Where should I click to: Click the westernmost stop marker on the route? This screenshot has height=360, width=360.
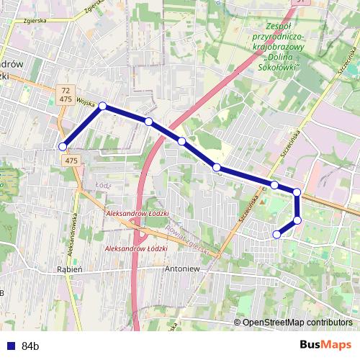(x=63, y=147)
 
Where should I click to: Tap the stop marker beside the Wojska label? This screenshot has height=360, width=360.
(x=102, y=107)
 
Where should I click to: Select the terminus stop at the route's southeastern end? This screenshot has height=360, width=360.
(x=276, y=233)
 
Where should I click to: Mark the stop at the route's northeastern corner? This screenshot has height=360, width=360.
(x=297, y=192)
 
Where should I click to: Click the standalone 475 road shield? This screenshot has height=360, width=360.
(x=71, y=161)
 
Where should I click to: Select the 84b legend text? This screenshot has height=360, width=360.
(x=30, y=346)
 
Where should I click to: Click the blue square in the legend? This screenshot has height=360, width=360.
(x=9, y=346)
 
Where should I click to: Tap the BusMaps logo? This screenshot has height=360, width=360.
(x=325, y=345)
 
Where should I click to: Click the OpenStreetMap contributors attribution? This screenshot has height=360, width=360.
(x=297, y=323)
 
